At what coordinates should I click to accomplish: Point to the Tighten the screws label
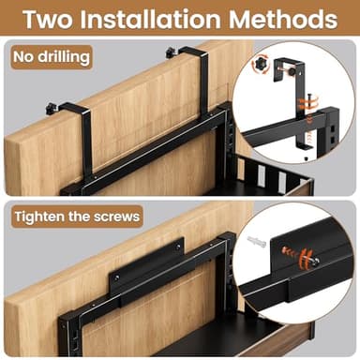click(76, 217)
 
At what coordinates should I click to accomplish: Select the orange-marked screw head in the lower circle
click(301, 255)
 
